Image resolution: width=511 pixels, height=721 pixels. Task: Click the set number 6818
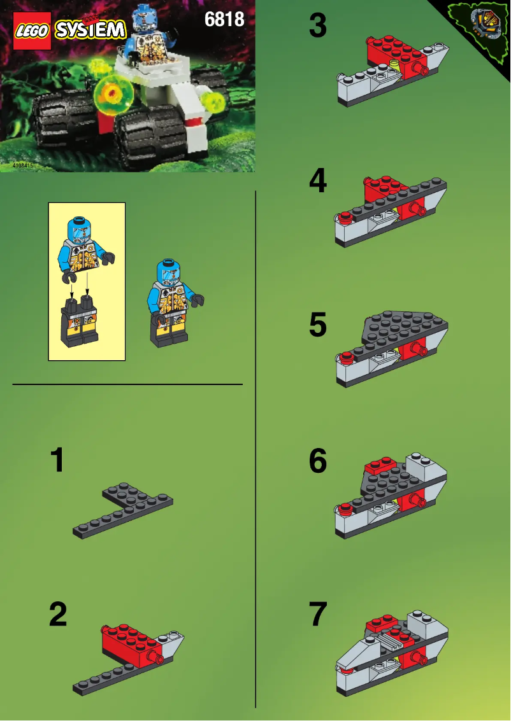coord(224,20)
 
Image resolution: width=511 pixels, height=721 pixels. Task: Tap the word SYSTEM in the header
coord(89,29)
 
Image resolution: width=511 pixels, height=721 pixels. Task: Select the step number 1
coord(57,460)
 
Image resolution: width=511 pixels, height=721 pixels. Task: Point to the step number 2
coord(57,615)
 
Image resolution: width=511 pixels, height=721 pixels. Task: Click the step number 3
coord(317,27)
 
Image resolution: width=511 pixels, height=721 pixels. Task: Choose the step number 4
coord(317,181)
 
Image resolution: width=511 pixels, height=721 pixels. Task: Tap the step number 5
coord(317,326)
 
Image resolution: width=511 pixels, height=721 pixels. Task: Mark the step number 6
coord(317,461)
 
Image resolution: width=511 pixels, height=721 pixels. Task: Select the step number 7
coord(317,615)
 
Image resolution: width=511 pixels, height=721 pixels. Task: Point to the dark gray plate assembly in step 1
coord(124,507)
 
